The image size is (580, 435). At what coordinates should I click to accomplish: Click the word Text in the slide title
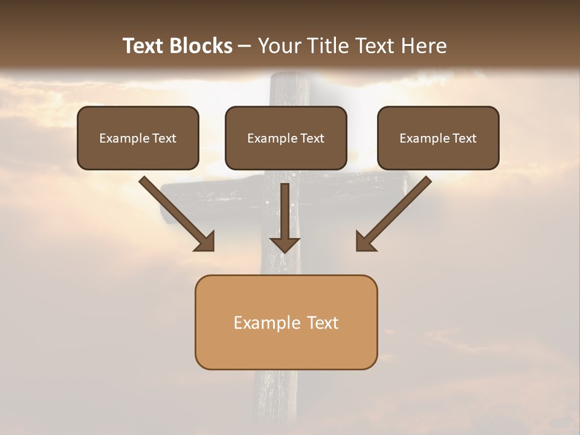(144, 46)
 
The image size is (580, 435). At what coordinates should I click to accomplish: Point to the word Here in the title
(427, 46)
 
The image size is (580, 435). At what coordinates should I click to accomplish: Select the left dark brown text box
(138, 138)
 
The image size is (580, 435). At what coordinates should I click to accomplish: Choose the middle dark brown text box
(286, 138)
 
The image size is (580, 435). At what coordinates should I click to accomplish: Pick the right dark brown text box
(438, 138)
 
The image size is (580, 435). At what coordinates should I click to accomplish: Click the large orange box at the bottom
(286, 322)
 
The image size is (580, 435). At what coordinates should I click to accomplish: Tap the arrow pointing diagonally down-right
(175, 212)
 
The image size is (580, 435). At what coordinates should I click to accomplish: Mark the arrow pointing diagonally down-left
(395, 212)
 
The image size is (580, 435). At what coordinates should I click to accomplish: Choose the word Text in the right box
(464, 138)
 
